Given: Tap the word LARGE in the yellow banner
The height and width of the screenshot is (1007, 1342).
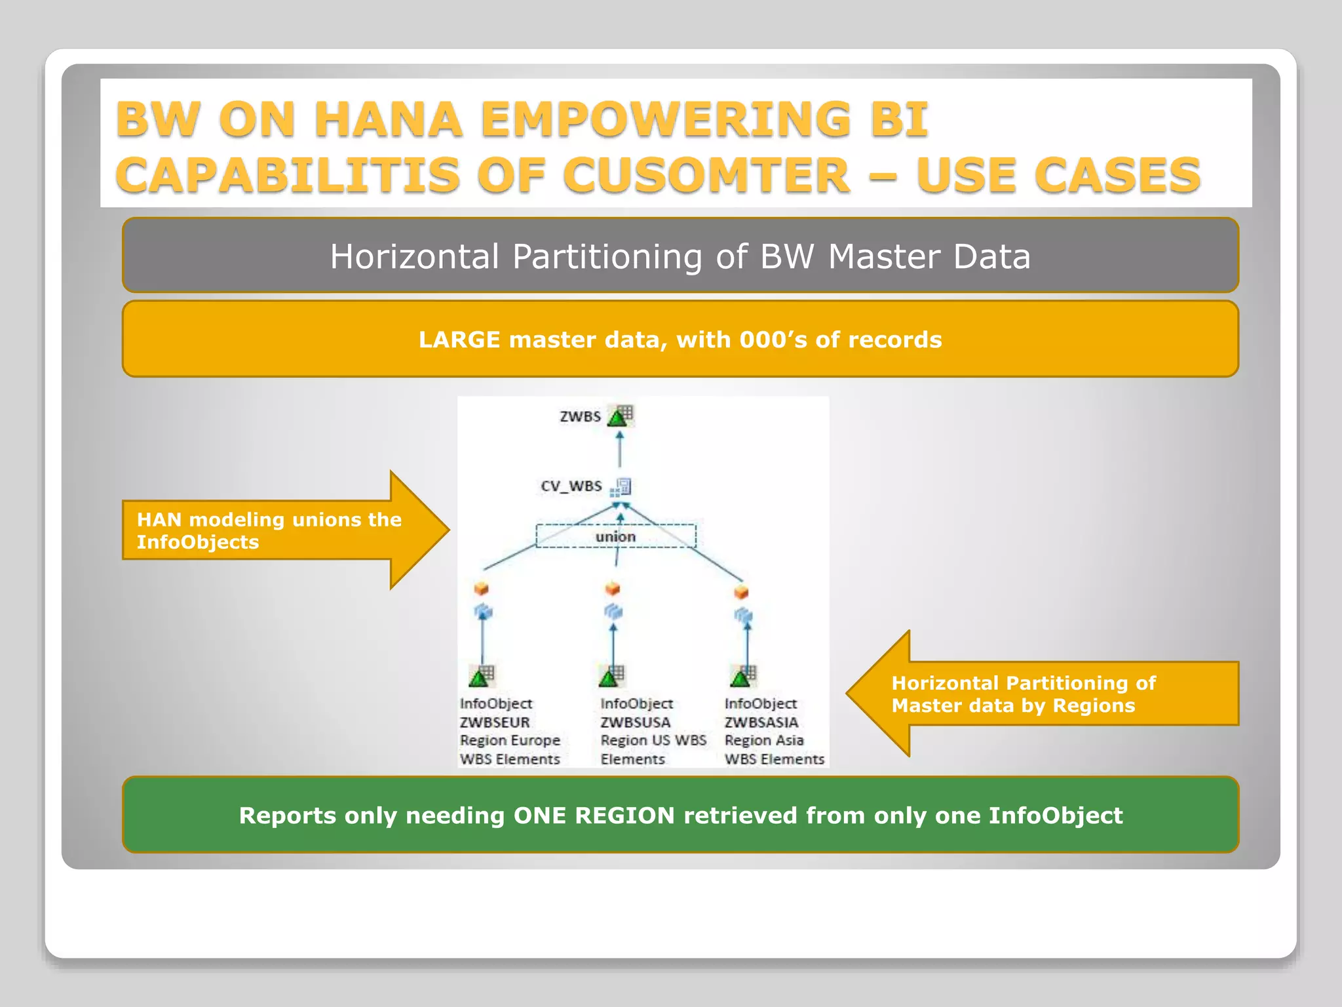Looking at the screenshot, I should tap(459, 340).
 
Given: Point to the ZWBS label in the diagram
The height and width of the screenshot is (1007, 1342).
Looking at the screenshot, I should tap(580, 416).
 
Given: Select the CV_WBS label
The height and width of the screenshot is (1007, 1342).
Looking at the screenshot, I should tap(571, 486).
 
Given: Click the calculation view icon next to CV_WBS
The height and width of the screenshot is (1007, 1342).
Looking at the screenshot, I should tap(621, 487).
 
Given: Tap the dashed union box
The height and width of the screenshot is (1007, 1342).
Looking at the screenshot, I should tap(615, 536).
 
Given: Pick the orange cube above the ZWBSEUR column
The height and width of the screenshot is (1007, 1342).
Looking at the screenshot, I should tap(482, 588).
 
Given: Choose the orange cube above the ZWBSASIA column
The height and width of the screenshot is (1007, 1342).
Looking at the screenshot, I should tap(741, 592).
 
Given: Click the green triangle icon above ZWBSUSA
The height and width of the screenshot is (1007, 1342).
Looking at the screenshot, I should tap(609, 676).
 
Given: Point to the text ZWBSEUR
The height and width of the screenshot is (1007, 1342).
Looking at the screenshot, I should tap(495, 722).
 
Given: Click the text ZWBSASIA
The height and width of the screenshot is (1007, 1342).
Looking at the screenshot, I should tap(761, 722).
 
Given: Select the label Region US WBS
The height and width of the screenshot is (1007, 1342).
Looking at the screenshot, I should tap(653, 740).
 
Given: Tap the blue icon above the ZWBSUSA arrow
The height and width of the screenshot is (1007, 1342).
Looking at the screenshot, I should tap(613, 612).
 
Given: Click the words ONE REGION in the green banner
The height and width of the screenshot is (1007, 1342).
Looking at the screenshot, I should tap(594, 815).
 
